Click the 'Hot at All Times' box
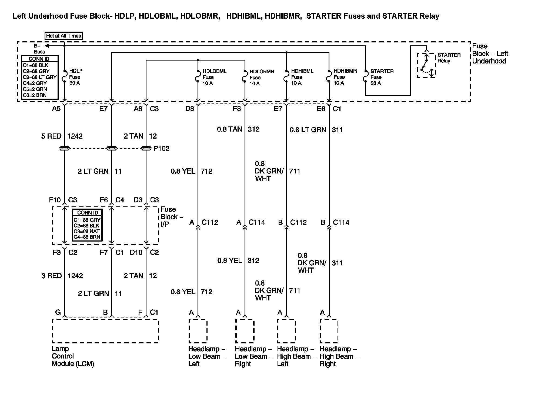point(64,36)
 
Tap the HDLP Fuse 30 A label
point(75,77)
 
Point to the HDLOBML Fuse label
point(214,77)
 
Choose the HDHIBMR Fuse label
point(345,77)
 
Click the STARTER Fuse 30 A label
point(382,77)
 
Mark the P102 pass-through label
point(161,149)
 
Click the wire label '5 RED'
point(51,136)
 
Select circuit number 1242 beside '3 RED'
point(75,276)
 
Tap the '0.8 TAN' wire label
point(229,129)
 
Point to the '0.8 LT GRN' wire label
point(308,130)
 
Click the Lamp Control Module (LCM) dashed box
point(105,331)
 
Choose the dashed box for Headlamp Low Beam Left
point(198,331)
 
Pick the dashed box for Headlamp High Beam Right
point(329,331)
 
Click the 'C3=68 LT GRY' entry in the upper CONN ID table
point(39,77)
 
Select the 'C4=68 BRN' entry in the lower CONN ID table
point(87,237)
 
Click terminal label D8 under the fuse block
point(189,109)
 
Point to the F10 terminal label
point(55,200)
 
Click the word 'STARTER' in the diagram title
point(324,16)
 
